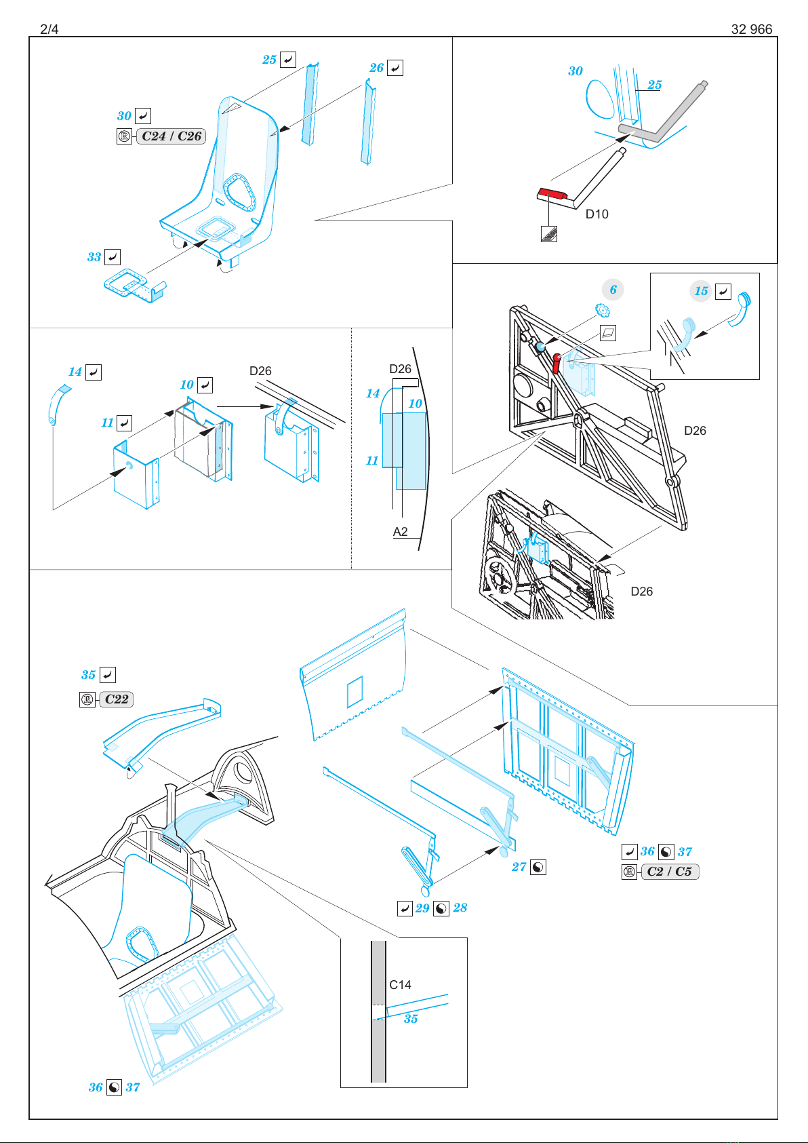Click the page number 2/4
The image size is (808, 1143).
click(49, 29)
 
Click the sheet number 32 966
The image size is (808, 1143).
click(752, 29)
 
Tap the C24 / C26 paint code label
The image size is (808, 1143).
click(171, 136)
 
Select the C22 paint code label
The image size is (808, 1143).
click(116, 699)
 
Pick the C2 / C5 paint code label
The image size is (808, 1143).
click(669, 872)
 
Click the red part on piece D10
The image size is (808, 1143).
click(552, 193)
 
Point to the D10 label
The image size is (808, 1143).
click(597, 214)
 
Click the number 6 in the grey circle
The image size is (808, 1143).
click(613, 290)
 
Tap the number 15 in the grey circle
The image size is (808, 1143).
click(701, 291)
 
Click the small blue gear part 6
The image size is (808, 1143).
click(603, 310)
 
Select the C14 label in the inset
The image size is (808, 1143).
click(400, 985)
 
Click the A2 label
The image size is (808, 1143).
click(400, 532)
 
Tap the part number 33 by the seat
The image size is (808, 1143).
click(94, 257)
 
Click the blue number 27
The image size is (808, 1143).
click(519, 867)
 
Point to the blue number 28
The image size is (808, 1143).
click(460, 908)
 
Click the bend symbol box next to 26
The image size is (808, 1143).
click(395, 68)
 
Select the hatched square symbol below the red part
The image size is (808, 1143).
click(549, 234)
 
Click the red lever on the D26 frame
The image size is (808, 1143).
click(556, 363)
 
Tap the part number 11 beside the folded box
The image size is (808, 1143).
click(107, 423)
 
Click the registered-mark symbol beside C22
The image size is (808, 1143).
click(87, 699)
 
